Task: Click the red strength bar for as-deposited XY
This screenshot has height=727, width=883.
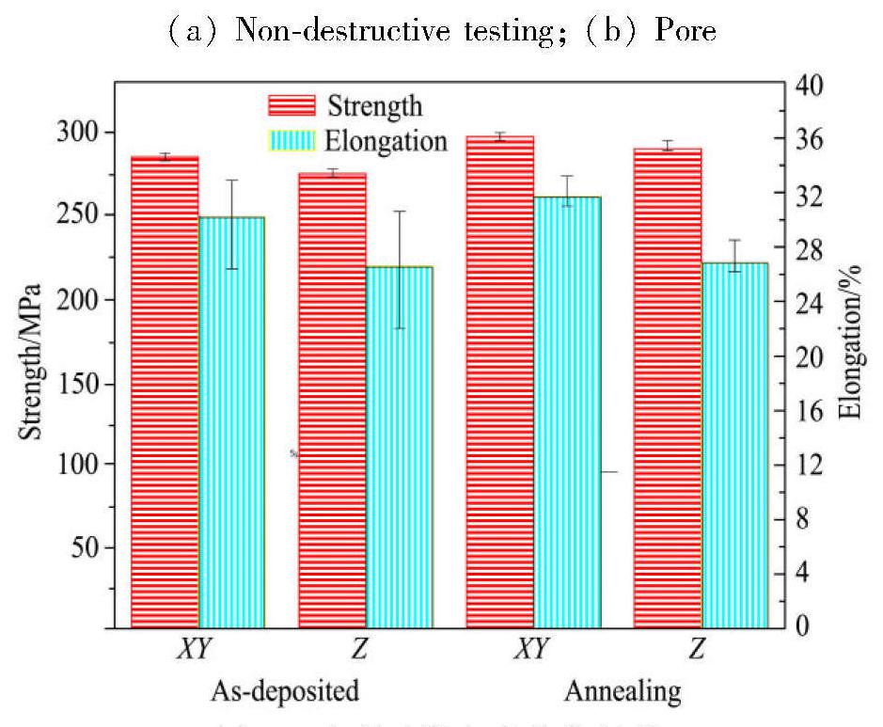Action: (x=165, y=391)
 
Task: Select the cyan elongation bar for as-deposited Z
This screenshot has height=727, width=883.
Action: (x=399, y=447)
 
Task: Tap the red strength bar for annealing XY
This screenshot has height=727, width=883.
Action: (x=499, y=382)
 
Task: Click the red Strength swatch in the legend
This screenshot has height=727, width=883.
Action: (x=292, y=105)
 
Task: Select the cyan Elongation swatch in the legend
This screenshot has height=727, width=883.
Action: (x=292, y=141)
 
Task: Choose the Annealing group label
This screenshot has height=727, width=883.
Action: (x=622, y=693)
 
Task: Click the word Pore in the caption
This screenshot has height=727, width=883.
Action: (x=686, y=31)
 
